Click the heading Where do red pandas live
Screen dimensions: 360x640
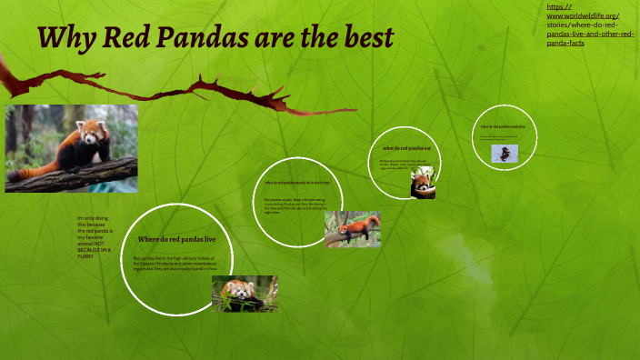coord(176,239)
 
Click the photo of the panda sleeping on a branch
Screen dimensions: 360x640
coord(353,229)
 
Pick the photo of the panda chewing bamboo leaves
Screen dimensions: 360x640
coord(245,293)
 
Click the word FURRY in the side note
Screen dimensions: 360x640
coord(87,256)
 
